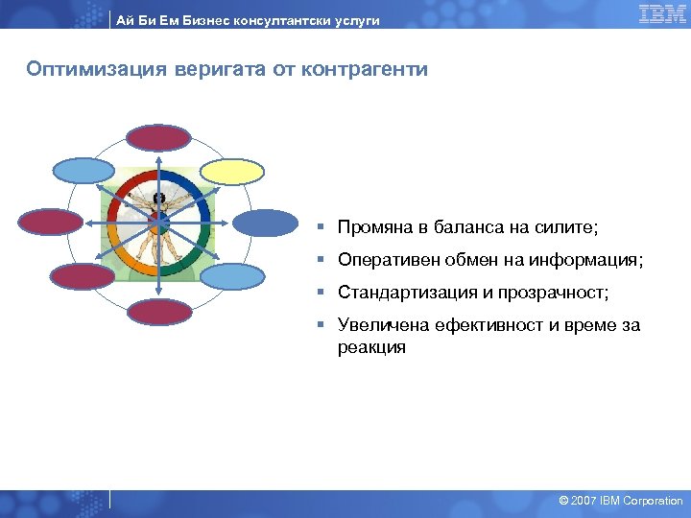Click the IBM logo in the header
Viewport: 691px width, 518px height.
tap(661, 13)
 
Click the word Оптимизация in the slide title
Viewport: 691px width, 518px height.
tap(87, 70)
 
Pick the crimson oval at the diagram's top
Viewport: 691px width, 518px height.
tap(159, 138)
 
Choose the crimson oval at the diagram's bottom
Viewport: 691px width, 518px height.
tap(159, 312)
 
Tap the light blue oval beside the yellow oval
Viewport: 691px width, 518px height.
tap(83, 171)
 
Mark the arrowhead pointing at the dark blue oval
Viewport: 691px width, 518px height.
tap(229, 224)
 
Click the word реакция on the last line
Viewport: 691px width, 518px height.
tap(371, 347)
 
